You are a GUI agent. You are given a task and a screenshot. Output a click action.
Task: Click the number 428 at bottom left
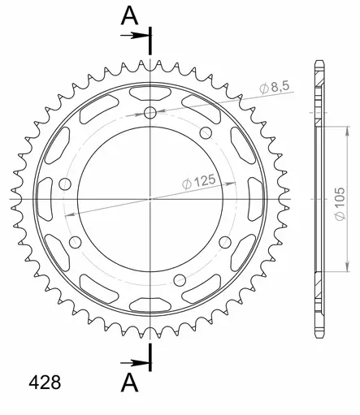coord(45,383)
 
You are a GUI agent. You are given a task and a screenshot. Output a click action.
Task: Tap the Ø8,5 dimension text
coord(275,87)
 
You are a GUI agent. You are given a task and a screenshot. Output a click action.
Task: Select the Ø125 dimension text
coord(199,182)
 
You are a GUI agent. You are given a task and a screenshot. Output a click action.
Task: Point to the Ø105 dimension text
coord(340,204)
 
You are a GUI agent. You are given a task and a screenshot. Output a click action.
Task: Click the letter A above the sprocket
coord(130,15)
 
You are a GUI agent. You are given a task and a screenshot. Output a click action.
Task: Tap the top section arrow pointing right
coord(135,35)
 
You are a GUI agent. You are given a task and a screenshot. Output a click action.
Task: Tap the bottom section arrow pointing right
coord(135,363)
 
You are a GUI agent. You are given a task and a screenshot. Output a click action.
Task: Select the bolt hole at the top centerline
coord(150,113)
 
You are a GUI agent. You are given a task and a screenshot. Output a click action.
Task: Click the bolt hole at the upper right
coord(206,132)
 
